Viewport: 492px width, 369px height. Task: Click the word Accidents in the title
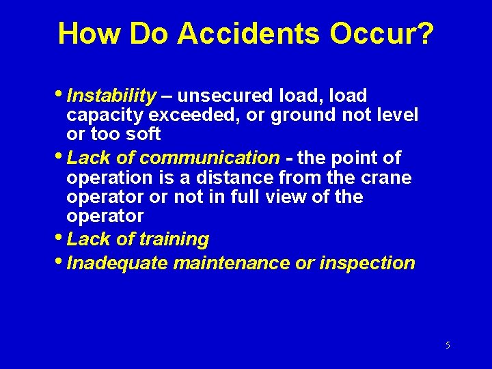[x=248, y=33]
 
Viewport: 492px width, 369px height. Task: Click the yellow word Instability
[x=112, y=96]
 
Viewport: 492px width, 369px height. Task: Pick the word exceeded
[x=196, y=115]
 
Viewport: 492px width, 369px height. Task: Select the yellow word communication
[x=209, y=158]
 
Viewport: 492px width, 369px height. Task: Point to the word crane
[x=386, y=178]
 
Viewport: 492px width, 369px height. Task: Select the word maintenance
[x=232, y=263]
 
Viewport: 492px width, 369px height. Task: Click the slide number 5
[x=448, y=346]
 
